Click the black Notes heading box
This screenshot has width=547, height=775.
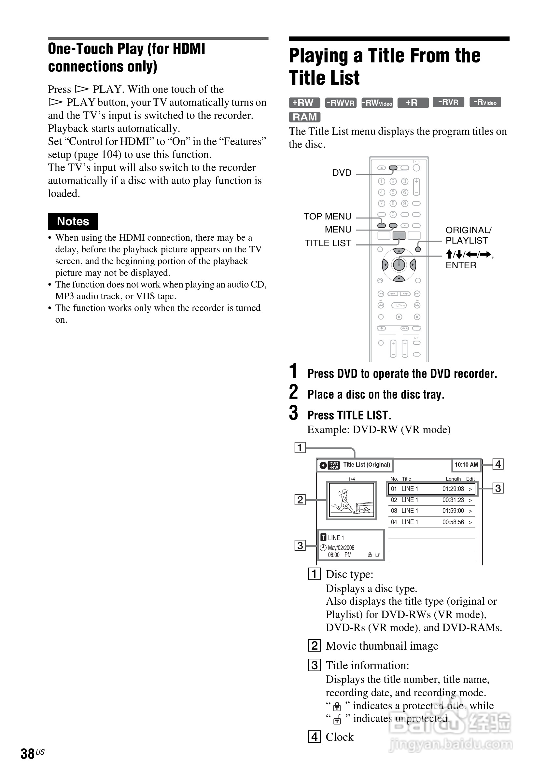(x=73, y=221)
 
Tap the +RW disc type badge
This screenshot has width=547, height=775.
(x=304, y=103)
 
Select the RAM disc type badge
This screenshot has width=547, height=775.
(x=304, y=117)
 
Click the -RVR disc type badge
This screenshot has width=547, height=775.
(x=448, y=102)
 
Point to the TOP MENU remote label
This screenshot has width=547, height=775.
(x=327, y=216)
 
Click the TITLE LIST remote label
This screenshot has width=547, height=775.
(x=328, y=243)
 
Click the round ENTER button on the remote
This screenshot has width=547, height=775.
(x=399, y=265)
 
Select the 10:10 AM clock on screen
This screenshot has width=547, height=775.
(x=466, y=465)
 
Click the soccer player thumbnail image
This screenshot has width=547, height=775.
(x=351, y=500)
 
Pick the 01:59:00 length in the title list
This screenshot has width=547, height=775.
(x=453, y=511)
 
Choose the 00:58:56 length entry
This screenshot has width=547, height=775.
(x=453, y=522)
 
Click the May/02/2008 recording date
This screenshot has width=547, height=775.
(x=341, y=547)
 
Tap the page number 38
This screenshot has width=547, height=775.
(x=28, y=754)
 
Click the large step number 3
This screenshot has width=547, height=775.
(x=294, y=413)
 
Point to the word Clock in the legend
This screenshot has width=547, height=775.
(x=340, y=737)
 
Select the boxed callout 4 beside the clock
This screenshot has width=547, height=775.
(x=498, y=464)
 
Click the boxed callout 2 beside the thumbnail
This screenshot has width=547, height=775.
(x=300, y=500)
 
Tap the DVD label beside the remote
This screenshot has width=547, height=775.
(x=342, y=173)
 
